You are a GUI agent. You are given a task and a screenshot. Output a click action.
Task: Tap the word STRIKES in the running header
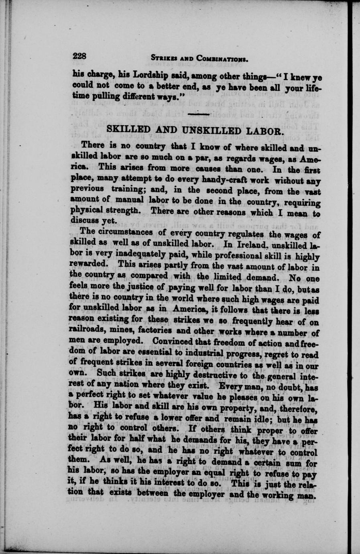click(x=163, y=59)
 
